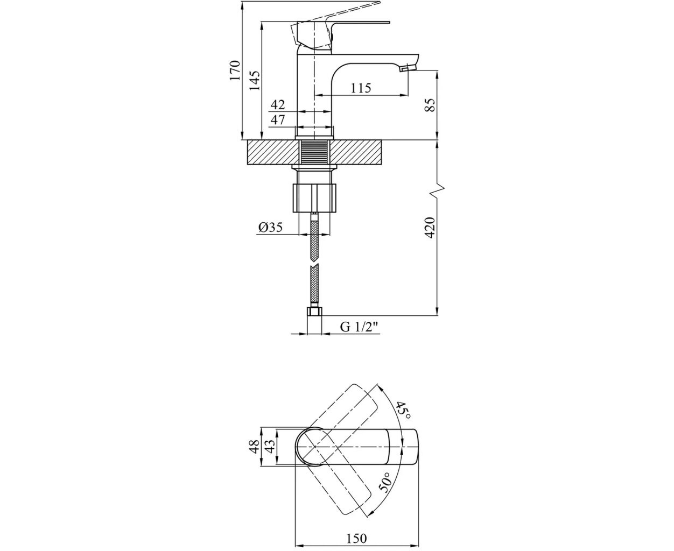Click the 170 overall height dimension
235,70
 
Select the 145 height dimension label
255,81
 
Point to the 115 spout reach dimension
361,88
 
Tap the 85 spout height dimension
431,105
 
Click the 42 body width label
277,104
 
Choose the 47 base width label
277,120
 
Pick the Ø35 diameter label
271,227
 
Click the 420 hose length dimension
431,228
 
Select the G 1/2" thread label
360,327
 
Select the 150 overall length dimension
356,529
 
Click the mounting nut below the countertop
314,198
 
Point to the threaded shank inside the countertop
314,152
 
